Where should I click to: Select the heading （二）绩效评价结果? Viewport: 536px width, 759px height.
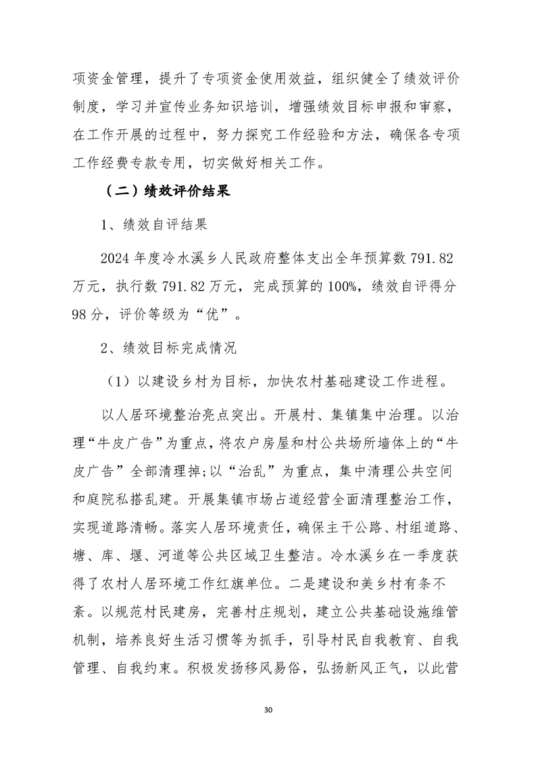pos(160,191)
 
